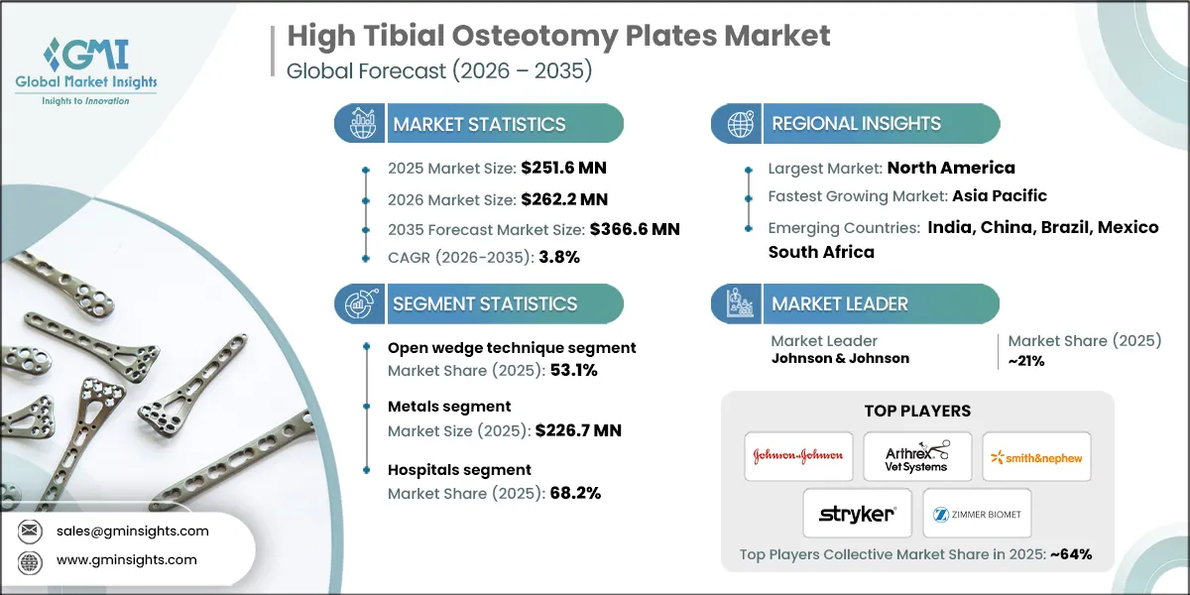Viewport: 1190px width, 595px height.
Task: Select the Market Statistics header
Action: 479,124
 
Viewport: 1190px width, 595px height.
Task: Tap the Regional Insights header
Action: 856,124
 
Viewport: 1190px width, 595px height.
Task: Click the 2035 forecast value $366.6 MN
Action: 635,229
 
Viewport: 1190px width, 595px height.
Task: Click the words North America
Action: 951,168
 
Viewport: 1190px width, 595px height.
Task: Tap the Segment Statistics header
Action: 484,303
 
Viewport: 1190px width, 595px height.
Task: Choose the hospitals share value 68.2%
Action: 574,493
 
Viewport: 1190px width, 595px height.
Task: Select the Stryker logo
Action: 857,513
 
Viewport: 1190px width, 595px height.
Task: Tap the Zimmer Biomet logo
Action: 977,514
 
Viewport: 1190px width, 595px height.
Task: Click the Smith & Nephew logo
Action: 1036,456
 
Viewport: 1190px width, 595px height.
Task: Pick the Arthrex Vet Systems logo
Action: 917,456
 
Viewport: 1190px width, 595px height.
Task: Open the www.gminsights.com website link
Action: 125,559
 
